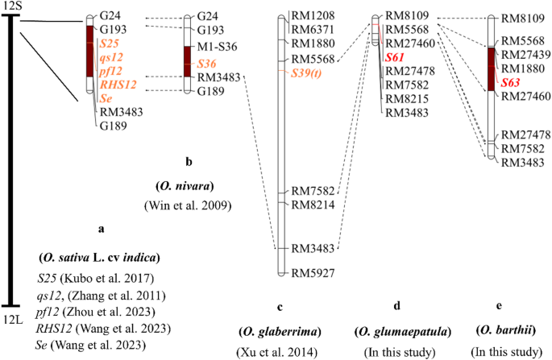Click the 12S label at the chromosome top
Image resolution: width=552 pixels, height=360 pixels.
tap(11, 6)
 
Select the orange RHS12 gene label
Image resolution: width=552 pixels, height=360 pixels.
tap(118, 84)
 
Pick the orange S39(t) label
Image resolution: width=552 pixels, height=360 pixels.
tap(310, 72)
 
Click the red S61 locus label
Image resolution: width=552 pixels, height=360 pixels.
tap(395, 57)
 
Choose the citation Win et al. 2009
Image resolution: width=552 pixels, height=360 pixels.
tap(188, 205)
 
